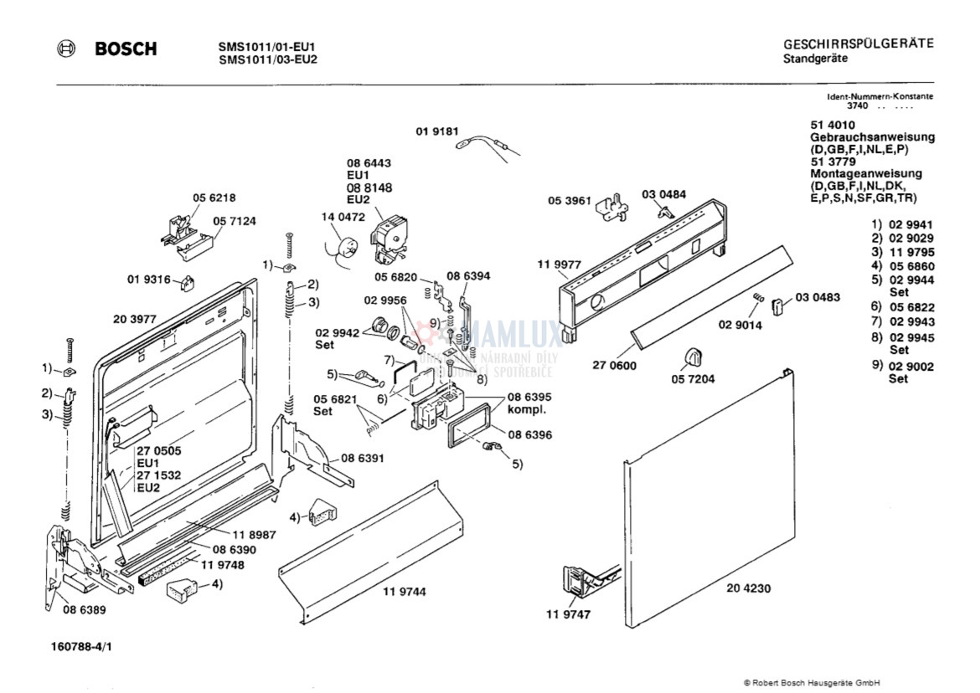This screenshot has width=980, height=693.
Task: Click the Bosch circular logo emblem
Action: [x=65, y=49]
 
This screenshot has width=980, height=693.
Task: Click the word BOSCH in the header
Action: [x=126, y=49]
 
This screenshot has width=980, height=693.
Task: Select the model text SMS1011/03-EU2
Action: [x=267, y=60]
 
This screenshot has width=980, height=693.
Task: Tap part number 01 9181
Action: [x=437, y=131]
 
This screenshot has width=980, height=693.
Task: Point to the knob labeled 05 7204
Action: [x=694, y=357]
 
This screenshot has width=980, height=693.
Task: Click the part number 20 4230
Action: [x=748, y=588]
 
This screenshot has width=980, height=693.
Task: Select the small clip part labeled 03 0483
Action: [x=778, y=306]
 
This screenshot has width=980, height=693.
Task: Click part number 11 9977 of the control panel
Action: [x=559, y=264]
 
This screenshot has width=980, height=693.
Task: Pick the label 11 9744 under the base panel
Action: [x=405, y=592]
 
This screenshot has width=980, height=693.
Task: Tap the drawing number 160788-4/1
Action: [x=81, y=647]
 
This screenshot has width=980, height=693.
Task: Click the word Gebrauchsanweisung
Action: [x=873, y=137]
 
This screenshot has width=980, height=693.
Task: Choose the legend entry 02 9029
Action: [x=911, y=239]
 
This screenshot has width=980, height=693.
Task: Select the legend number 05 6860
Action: [x=912, y=267]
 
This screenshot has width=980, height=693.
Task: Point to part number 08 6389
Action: [x=84, y=610]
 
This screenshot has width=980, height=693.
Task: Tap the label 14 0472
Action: [x=343, y=218]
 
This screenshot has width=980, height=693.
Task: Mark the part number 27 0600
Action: [x=614, y=366]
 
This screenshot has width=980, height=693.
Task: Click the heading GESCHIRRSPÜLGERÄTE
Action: [x=859, y=44]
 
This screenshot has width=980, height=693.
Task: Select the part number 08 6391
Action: [x=363, y=459]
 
